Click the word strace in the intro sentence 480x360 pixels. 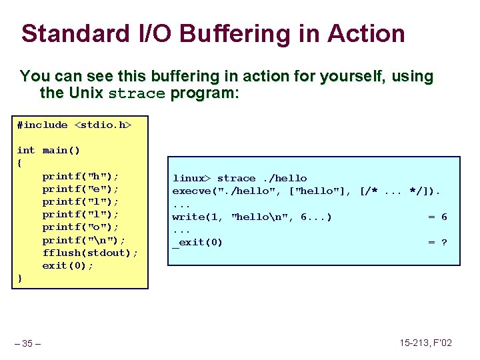point(136,93)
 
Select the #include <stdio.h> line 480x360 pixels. point(74,125)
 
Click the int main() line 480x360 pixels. point(48,150)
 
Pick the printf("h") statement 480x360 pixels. point(81,177)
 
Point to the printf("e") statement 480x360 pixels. point(81,189)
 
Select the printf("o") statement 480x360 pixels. point(81,227)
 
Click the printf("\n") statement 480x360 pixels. point(84,240)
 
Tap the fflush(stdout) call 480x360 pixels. point(90,253)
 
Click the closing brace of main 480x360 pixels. point(20,278)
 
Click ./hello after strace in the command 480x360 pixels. point(285,178)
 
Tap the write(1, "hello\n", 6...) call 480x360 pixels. point(252,217)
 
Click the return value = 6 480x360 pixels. point(437,217)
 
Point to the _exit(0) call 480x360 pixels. point(197,242)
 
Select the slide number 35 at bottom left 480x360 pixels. point(27,343)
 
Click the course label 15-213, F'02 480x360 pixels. point(425,343)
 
